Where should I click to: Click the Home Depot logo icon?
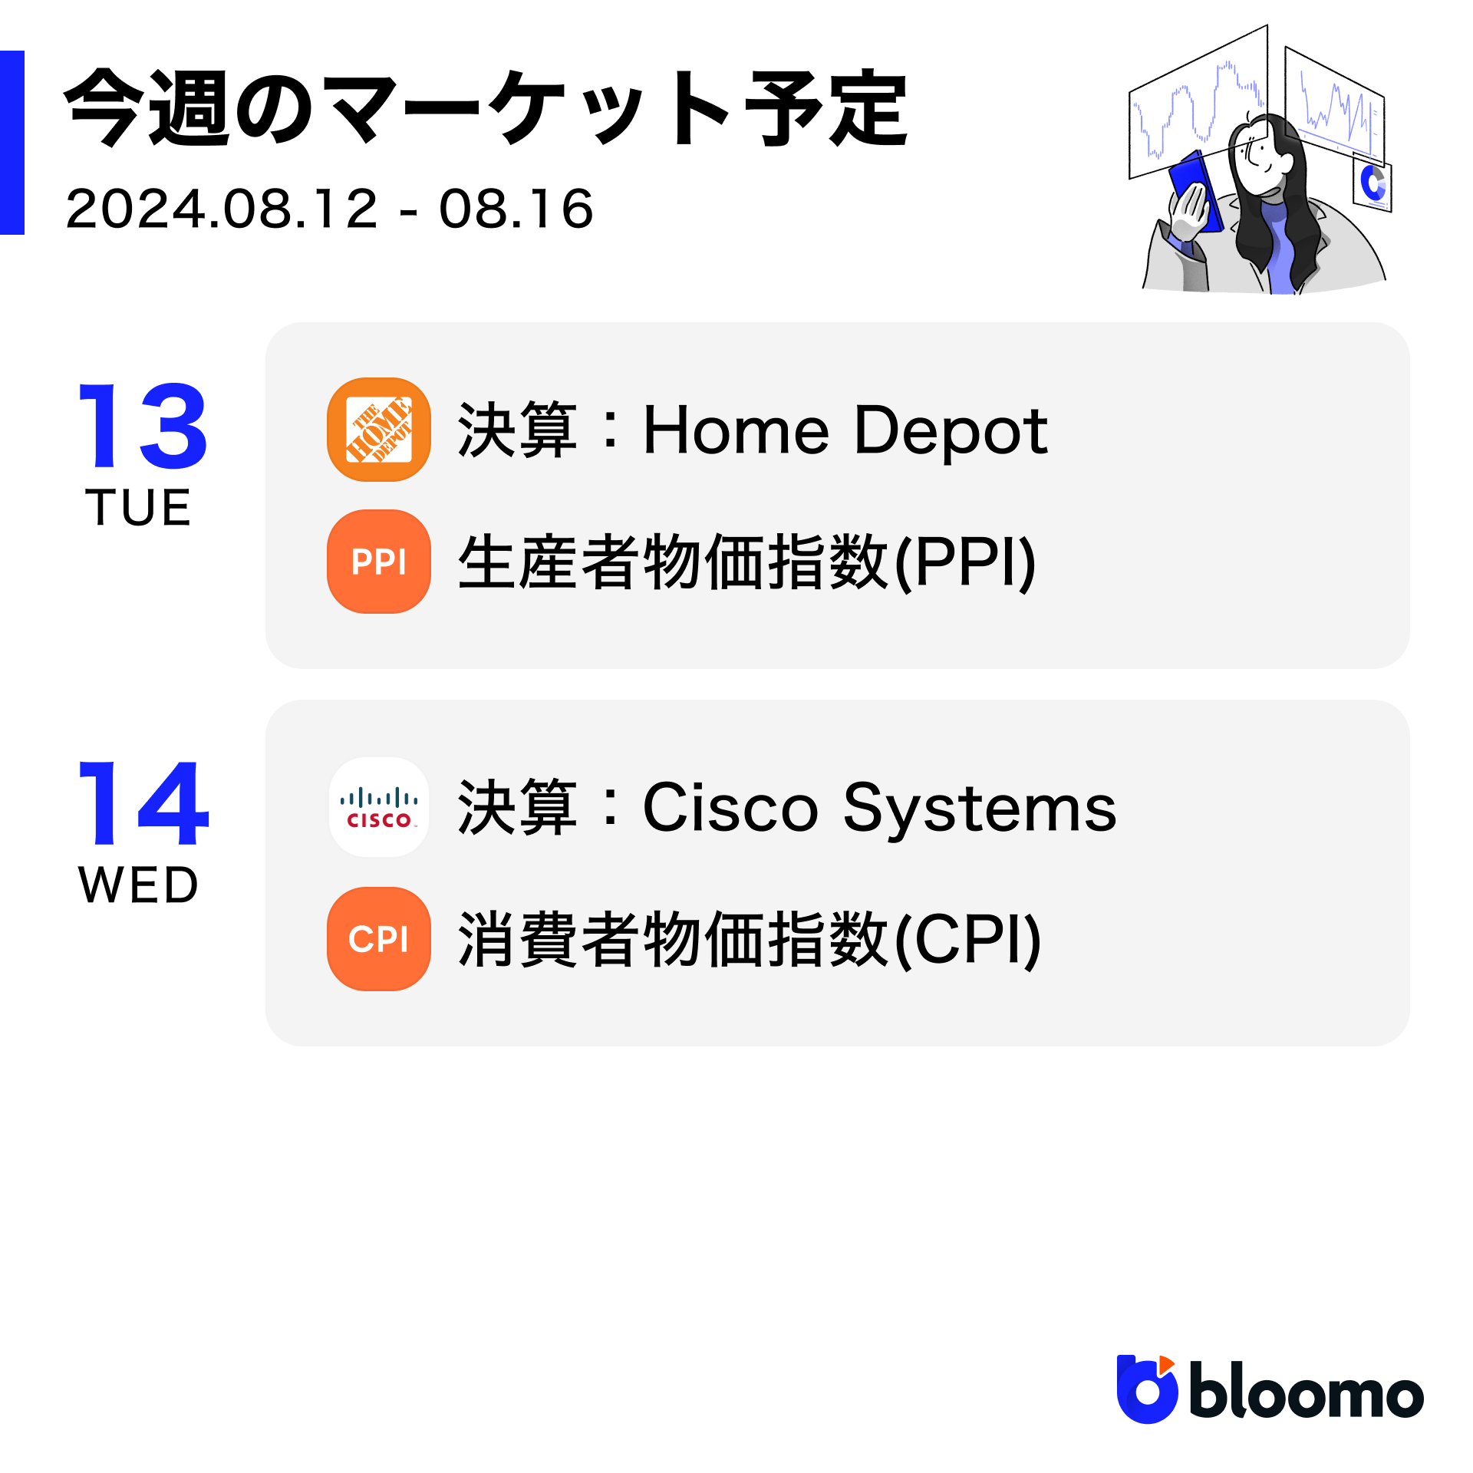coord(378,430)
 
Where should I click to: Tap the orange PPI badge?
coord(378,562)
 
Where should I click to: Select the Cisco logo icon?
coord(378,807)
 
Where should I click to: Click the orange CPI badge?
coord(378,939)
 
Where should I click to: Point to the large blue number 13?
coord(143,426)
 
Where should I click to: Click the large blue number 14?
coord(143,803)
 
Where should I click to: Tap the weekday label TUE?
coord(138,507)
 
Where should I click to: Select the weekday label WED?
coord(139,885)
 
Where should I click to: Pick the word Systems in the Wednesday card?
coord(980,809)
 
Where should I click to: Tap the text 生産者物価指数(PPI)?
coord(747,562)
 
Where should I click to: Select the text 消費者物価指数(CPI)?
coord(750,940)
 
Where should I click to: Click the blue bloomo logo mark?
coord(1147,1389)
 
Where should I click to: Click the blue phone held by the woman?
coord(1195,190)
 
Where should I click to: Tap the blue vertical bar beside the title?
coord(12,143)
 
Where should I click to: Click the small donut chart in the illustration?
coord(1372,183)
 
